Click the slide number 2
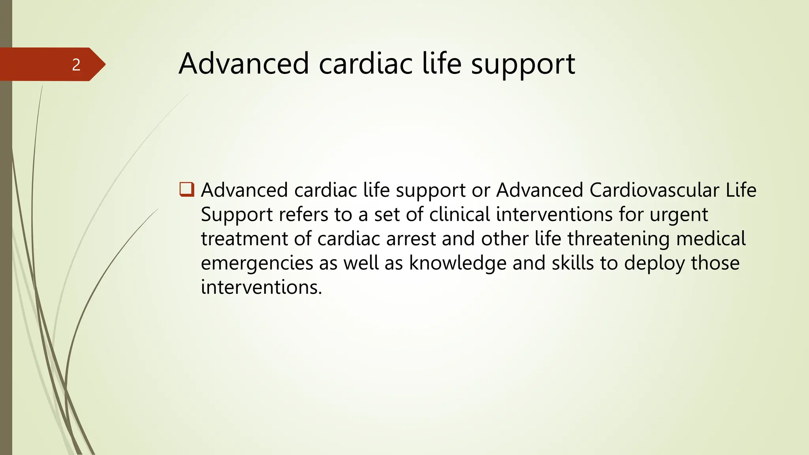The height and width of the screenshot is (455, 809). point(76,65)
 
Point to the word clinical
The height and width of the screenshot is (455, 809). point(459,214)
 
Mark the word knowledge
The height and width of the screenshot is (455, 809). point(457,263)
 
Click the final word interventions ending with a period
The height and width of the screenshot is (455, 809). point(261,287)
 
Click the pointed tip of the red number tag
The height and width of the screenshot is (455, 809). point(105,64)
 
